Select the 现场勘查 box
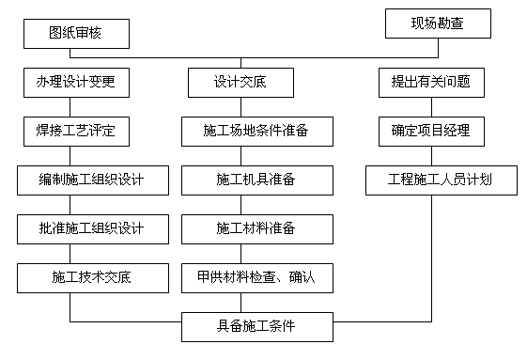coord(437,22)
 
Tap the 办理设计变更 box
coord(74,83)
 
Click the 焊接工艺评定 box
coord(74,131)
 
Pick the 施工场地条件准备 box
coord(256,131)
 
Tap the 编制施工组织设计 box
coord(92,180)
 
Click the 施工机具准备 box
coord(256,180)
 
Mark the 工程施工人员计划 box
coord(440,180)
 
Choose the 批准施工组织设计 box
coord(92,227)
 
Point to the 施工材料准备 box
coord(256,227)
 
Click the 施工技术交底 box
coord(92,276)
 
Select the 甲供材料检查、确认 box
coord(256,276)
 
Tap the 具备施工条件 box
coord(256,327)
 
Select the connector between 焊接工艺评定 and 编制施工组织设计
coord(74,155)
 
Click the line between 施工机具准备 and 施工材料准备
coord(256,203)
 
